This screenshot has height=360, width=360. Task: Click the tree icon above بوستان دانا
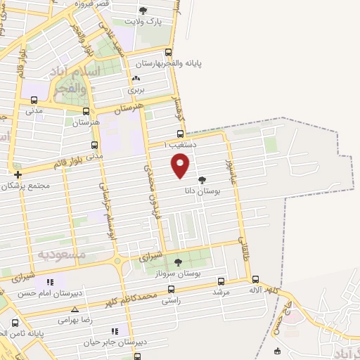(x=202, y=180)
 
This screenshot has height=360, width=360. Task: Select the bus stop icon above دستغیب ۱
(x=180, y=134)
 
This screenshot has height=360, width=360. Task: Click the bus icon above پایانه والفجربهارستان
(x=167, y=52)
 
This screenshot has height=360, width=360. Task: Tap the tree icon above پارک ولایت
(x=144, y=11)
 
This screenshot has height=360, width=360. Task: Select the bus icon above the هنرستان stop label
(x=86, y=111)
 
